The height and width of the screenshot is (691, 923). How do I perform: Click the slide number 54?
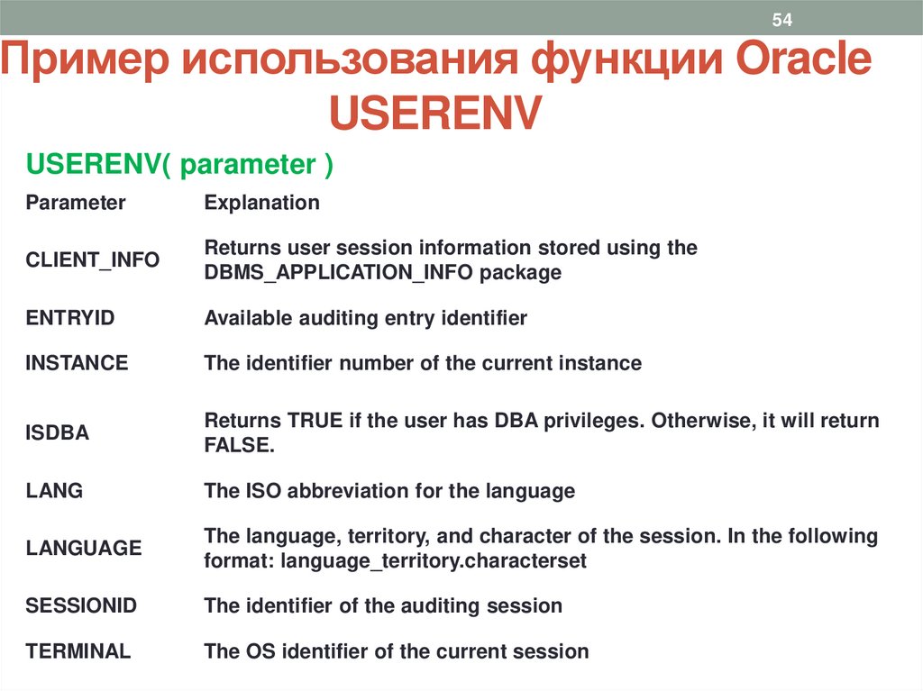coord(781,20)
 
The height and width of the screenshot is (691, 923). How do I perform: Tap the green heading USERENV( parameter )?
coord(180,165)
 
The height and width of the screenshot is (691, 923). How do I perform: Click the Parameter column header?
coord(76,203)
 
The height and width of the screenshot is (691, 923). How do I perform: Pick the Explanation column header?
coord(261,203)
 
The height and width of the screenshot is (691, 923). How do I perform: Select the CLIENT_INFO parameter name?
coord(93,260)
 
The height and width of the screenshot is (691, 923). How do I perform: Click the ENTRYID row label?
coord(70,318)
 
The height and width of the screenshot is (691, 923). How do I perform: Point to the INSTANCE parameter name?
coord(77,363)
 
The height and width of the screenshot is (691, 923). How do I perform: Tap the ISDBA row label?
coord(58,433)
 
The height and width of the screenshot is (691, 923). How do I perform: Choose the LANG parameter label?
coord(54,491)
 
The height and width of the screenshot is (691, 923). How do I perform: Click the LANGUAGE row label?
coord(84,548)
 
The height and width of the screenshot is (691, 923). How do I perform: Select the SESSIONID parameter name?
coord(81,605)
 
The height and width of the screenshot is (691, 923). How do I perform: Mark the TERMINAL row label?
coord(78,651)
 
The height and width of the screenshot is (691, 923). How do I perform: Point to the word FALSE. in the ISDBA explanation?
coord(238,446)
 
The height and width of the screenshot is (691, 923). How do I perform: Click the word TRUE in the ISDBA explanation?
coord(311,421)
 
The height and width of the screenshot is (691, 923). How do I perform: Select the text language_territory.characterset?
coord(434,560)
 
